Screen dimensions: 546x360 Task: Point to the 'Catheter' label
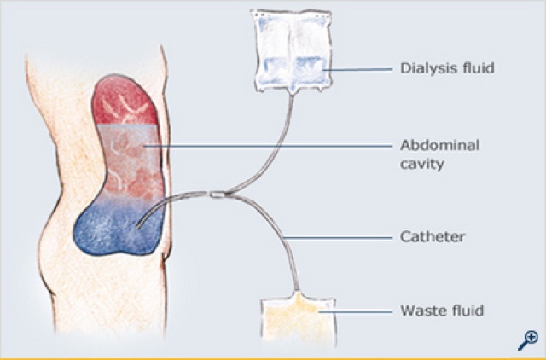click(433, 236)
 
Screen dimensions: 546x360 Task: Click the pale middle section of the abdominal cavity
click(128, 158)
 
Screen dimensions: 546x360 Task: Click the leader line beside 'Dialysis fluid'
click(358, 66)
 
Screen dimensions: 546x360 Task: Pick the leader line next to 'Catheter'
click(341, 236)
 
